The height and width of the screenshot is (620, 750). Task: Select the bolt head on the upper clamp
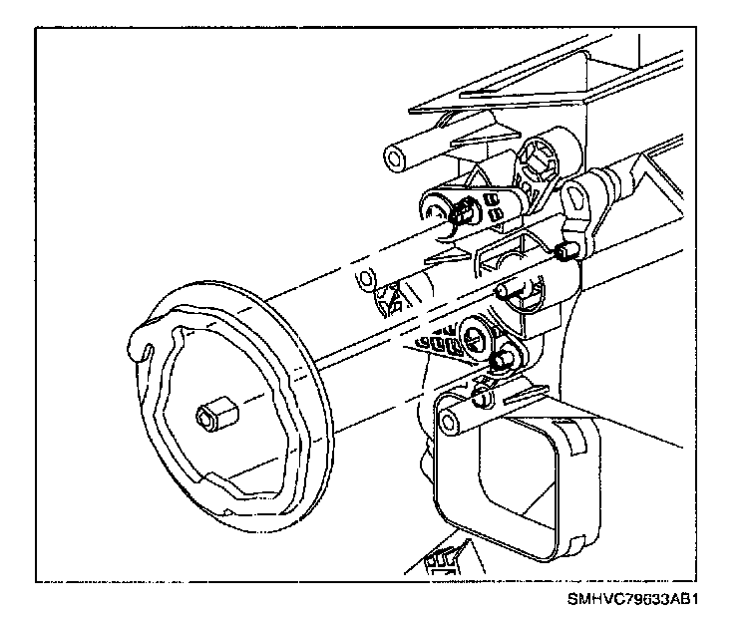(x=464, y=211)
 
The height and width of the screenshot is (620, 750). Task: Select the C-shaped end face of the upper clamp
(x=436, y=210)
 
